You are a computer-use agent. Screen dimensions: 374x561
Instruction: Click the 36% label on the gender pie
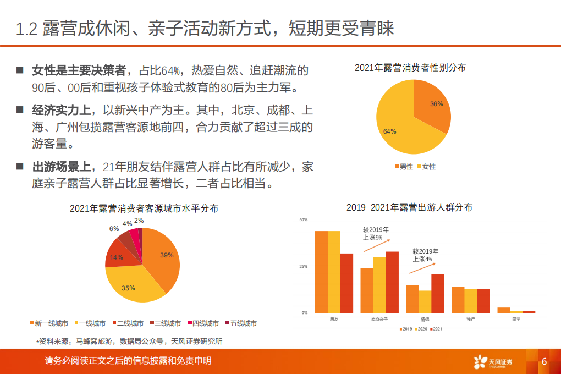pyautogui.click(x=436, y=103)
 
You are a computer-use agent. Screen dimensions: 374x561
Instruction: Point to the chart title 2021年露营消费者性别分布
pyautogui.click(x=410, y=68)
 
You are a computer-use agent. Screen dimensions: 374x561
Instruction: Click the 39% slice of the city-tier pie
pyautogui.click(x=162, y=258)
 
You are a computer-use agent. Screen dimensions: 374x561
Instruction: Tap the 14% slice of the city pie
pyautogui.click(x=117, y=257)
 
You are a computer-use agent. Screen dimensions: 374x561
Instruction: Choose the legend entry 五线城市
pyautogui.click(x=240, y=323)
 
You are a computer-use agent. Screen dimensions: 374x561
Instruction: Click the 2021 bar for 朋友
pyautogui.click(x=346, y=283)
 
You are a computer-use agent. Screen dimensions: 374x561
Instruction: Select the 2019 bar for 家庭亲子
pyautogui.click(x=367, y=290)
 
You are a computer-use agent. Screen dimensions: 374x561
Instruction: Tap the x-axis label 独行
pyautogui.click(x=470, y=319)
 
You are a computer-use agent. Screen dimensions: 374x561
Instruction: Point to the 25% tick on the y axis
pyautogui.click(x=303, y=266)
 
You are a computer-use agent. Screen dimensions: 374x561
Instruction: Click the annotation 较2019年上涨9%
pyautogui.click(x=376, y=233)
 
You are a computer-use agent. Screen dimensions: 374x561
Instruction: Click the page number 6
pyautogui.click(x=544, y=361)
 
